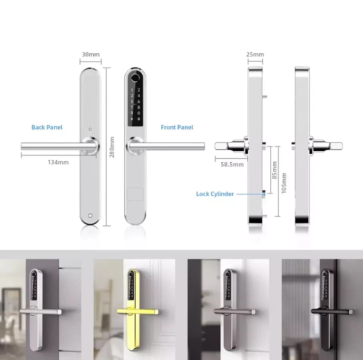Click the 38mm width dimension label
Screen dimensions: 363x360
coord(91,55)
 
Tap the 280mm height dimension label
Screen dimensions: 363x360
coord(112,147)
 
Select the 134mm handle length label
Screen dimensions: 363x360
coord(59,162)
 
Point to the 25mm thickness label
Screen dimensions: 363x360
coord(255,55)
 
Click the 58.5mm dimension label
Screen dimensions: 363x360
coord(232,165)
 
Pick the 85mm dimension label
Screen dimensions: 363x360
coord(275,170)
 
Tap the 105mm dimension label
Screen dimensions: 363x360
coord(284,183)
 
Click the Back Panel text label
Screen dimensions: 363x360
coord(47,127)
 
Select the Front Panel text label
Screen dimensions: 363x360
coord(177,127)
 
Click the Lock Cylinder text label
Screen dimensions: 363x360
coord(215,194)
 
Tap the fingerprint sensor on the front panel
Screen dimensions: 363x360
coord(135,78)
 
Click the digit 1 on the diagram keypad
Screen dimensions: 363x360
coord(132,90)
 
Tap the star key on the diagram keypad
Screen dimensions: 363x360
coord(132,119)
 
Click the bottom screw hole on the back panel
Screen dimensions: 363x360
coord(90,216)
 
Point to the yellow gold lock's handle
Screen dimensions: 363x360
coord(137,311)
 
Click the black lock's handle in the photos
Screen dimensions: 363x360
coord(332,311)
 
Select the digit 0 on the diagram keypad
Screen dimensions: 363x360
coord(138,113)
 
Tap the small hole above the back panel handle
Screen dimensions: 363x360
coord(90,129)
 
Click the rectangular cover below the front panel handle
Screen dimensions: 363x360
coord(136,194)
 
